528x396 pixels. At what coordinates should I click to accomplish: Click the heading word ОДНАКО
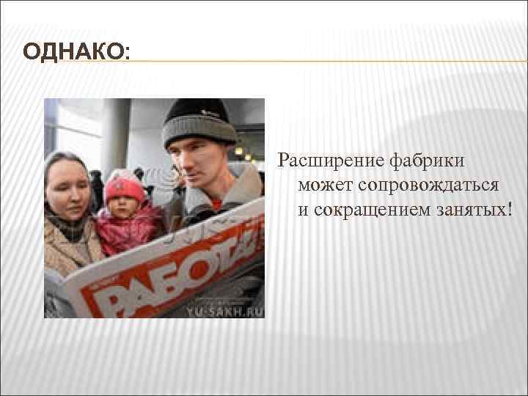tap(73, 53)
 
